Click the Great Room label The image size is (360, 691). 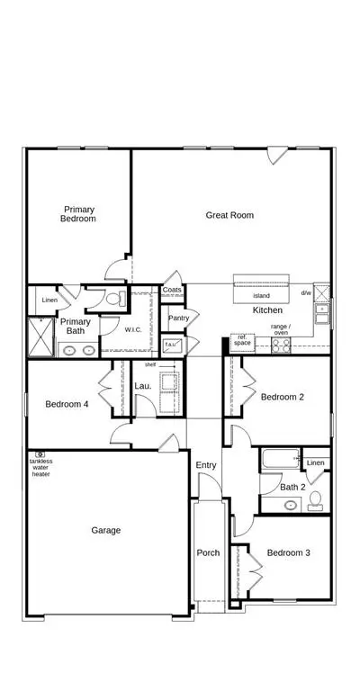229,215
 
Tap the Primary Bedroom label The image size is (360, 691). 78,214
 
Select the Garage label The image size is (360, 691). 106,530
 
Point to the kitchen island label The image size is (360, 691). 261,296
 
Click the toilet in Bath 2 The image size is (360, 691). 315,500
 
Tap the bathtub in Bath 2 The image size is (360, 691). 281,459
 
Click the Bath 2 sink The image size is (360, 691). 291,505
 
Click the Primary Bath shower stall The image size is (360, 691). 40,337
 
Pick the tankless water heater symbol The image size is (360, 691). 40,453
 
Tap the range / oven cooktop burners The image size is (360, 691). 281,345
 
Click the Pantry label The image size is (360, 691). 178,318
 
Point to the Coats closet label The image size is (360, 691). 172,290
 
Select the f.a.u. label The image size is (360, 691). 170,344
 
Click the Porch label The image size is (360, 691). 208,552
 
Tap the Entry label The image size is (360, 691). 206,465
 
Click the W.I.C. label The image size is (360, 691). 133,329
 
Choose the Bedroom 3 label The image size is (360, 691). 289,552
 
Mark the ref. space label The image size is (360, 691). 242,340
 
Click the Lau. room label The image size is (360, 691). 143,386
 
